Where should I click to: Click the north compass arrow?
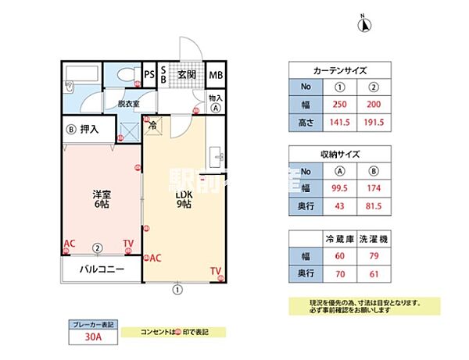[x=363, y=24]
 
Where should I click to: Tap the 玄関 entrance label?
[x=186, y=75]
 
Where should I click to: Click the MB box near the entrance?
[x=215, y=76]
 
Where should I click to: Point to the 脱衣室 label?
[x=129, y=102]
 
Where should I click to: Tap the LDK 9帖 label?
[x=184, y=200]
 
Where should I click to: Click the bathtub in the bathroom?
[x=81, y=77]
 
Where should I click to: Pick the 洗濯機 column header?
[x=374, y=237]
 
